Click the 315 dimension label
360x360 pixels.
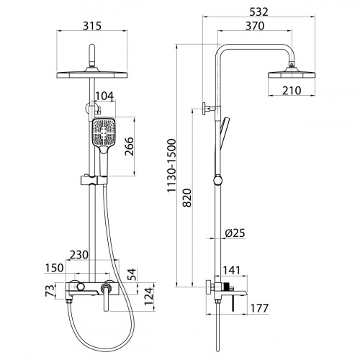coord(92,26)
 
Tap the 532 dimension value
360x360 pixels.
coord(258,12)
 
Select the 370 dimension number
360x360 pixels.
coord(255,26)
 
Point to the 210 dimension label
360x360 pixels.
coord(292,91)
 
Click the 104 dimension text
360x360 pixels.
coord(104,96)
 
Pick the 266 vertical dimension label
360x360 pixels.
coord(130,146)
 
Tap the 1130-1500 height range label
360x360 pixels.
coord(171,166)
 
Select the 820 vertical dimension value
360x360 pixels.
coord(187,198)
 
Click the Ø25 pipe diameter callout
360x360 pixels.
coord(235,233)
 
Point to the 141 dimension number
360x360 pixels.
coord(232,271)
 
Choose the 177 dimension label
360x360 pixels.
coord(259,308)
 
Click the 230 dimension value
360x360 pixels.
coord(79,255)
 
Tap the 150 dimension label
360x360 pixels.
coord(54,268)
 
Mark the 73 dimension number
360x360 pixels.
coord(50,291)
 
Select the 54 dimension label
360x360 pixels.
coord(132,274)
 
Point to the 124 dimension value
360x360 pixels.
coord(149,296)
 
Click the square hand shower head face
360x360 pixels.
coord(104,132)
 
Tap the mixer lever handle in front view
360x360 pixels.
coord(106,297)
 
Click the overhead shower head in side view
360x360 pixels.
coord(292,73)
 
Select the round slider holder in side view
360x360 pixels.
coord(218,180)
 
